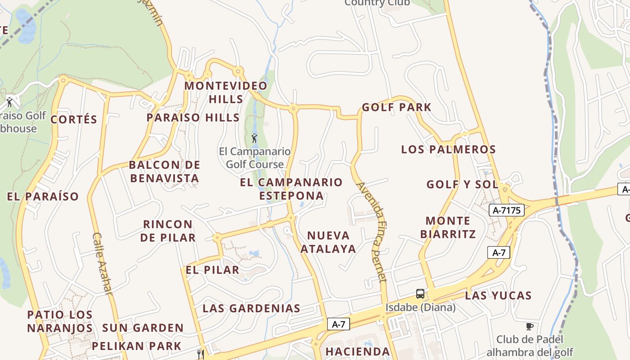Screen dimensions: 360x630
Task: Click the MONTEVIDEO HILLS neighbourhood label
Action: (x=226, y=92)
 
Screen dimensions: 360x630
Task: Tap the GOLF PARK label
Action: (x=396, y=107)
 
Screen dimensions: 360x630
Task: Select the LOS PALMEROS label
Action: (x=448, y=149)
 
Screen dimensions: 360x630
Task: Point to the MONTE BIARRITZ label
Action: (x=448, y=227)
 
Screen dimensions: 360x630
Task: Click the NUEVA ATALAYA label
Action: (x=328, y=242)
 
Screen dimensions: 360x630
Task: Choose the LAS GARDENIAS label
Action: (x=251, y=308)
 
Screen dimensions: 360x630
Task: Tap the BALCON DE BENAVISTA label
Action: (x=164, y=171)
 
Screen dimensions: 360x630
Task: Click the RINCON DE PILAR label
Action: (x=168, y=230)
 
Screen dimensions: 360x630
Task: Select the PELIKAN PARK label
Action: (x=136, y=346)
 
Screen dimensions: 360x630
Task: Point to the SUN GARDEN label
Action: (x=143, y=328)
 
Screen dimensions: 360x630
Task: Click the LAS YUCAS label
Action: (x=498, y=296)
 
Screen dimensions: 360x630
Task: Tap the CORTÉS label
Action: (x=74, y=119)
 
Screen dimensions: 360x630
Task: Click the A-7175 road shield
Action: (x=507, y=210)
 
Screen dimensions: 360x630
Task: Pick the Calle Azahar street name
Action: (x=102, y=263)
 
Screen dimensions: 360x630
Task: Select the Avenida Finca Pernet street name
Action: (x=372, y=232)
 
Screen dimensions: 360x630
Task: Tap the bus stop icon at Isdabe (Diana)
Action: (x=420, y=294)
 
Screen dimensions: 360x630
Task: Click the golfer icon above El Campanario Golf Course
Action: (x=254, y=138)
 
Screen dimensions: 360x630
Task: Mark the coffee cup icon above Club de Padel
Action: (x=530, y=326)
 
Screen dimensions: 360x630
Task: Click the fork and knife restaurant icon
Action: (x=201, y=354)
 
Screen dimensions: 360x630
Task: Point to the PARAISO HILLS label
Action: (x=193, y=117)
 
